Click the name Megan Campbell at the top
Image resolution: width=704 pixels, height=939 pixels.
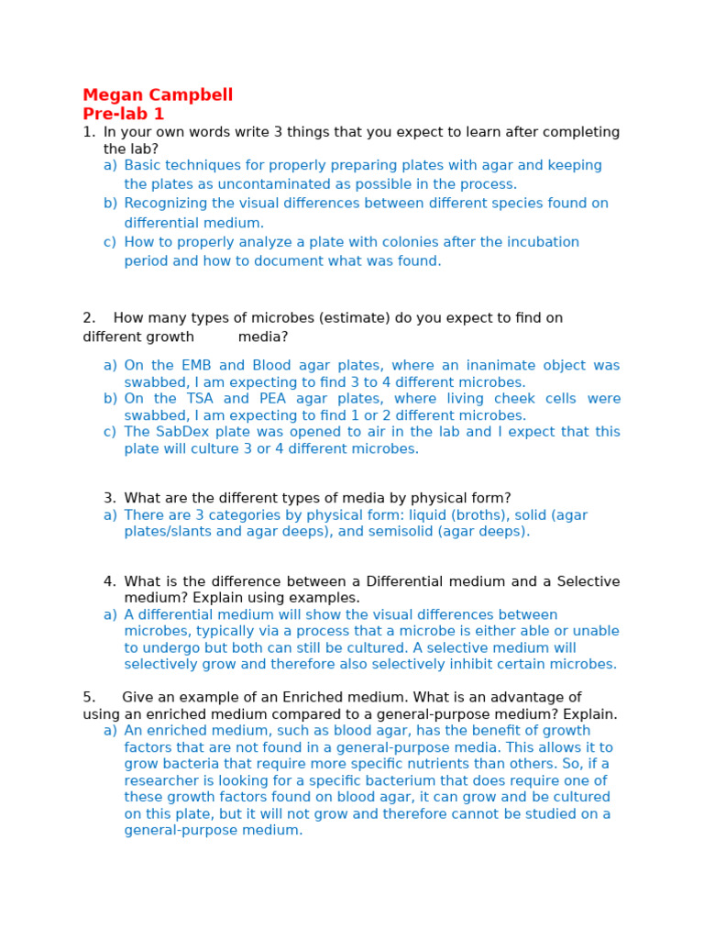point(158,95)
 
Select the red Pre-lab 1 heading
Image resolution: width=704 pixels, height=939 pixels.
point(123,115)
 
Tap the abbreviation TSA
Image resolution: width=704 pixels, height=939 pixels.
point(200,399)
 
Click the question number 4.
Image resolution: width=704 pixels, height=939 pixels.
point(109,581)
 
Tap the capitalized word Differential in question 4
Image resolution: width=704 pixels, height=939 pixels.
point(405,581)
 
